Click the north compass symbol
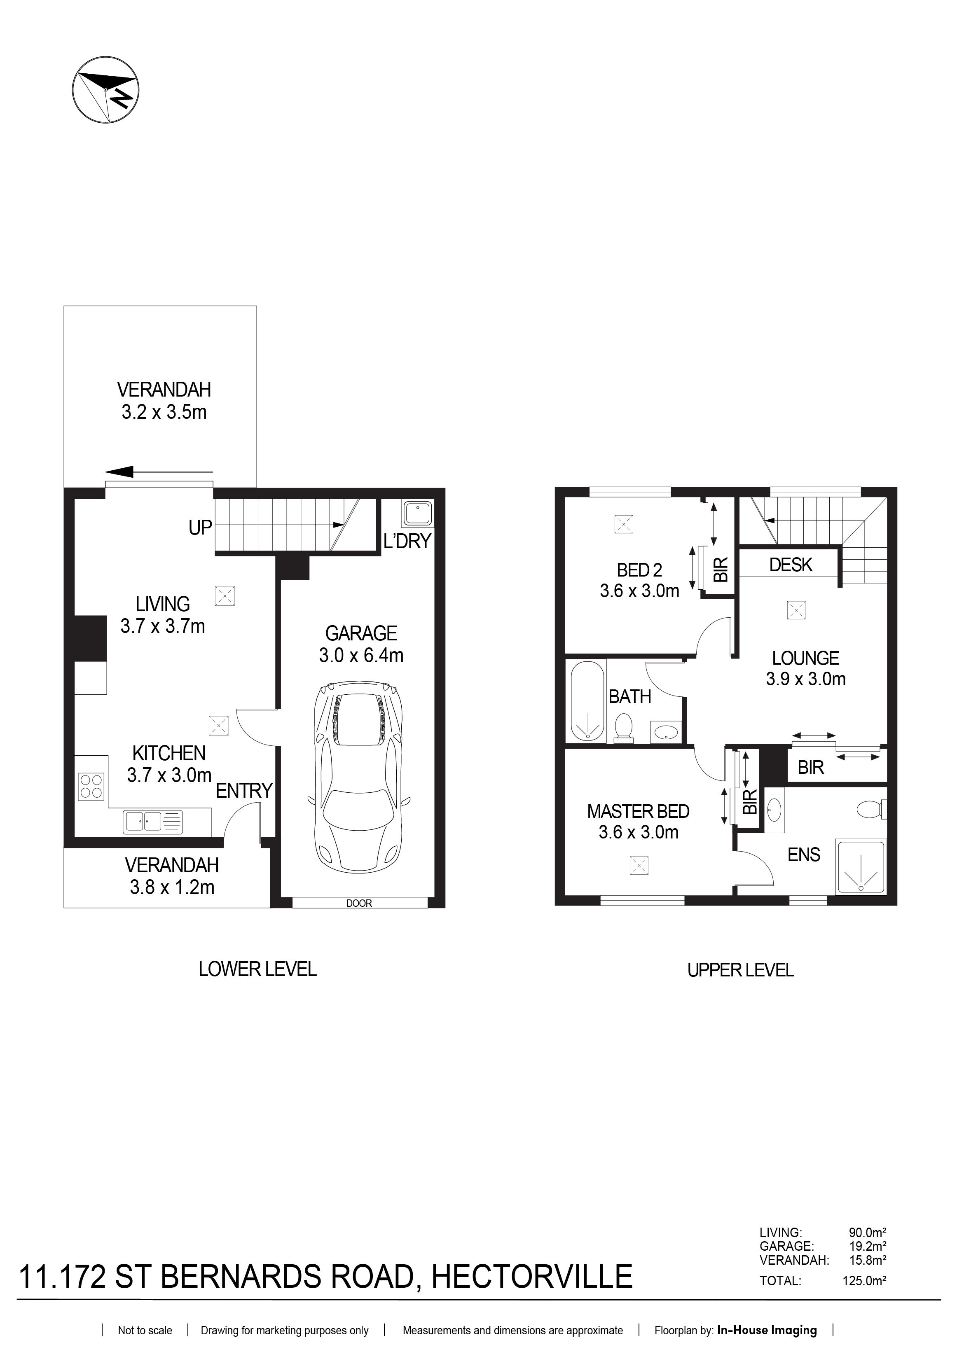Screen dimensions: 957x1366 point(106,91)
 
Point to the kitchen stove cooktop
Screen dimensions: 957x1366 point(91,785)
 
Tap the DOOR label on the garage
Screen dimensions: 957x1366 point(359,903)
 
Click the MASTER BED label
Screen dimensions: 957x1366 point(638,812)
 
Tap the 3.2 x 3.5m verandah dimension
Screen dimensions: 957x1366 point(164,412)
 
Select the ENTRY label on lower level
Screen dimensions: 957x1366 point(244,791)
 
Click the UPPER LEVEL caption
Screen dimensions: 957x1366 point(740,970)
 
